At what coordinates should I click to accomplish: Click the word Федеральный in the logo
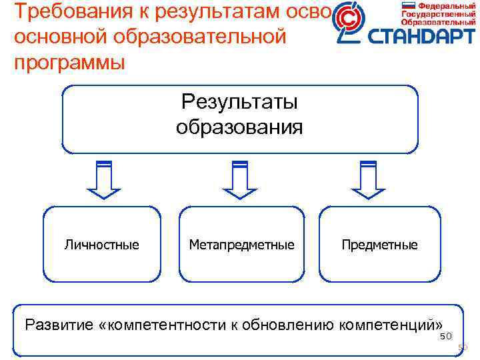(442, 5)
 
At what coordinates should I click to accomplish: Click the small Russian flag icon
(408, 5)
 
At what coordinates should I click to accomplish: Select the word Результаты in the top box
(239, 102)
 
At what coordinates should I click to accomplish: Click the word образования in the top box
(239, 127)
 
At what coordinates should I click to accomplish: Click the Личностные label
(102, 245)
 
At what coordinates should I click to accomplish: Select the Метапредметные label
(241, 245)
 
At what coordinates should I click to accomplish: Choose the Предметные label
(379, 245)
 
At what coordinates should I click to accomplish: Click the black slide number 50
(445, 336)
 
